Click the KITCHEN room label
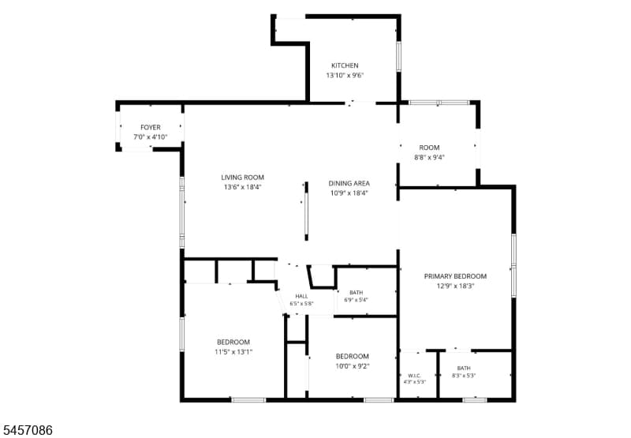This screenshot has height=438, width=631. [345, 66]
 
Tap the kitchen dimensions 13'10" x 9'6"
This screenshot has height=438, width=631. [345, 75]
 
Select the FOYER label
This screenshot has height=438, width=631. [151, 127]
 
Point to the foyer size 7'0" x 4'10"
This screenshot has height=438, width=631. [151, 137]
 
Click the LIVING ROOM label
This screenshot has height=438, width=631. [243, 177]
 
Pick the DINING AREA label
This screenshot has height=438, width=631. [349, 183]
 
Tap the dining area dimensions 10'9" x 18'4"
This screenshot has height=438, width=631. [349, 193]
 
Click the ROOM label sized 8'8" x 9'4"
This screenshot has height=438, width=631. [429, 148]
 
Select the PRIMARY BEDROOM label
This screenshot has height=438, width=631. [456, 276]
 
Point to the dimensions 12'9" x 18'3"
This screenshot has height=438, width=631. [456, 286]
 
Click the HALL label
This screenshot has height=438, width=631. [301, 296]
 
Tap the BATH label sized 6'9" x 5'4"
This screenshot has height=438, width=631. [357, 293]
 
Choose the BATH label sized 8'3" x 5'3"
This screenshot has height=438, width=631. [464, 368]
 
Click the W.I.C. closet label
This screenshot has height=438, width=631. [415, 376]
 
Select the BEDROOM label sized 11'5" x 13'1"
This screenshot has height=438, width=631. [233, 343]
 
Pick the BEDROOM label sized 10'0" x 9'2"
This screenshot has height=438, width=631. [353, 356]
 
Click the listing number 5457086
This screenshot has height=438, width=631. [27, 430]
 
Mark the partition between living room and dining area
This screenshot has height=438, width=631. [306, 212]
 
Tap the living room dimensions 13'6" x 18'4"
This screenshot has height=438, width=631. [243, 187]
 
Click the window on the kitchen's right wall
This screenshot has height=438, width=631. [399, 56]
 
